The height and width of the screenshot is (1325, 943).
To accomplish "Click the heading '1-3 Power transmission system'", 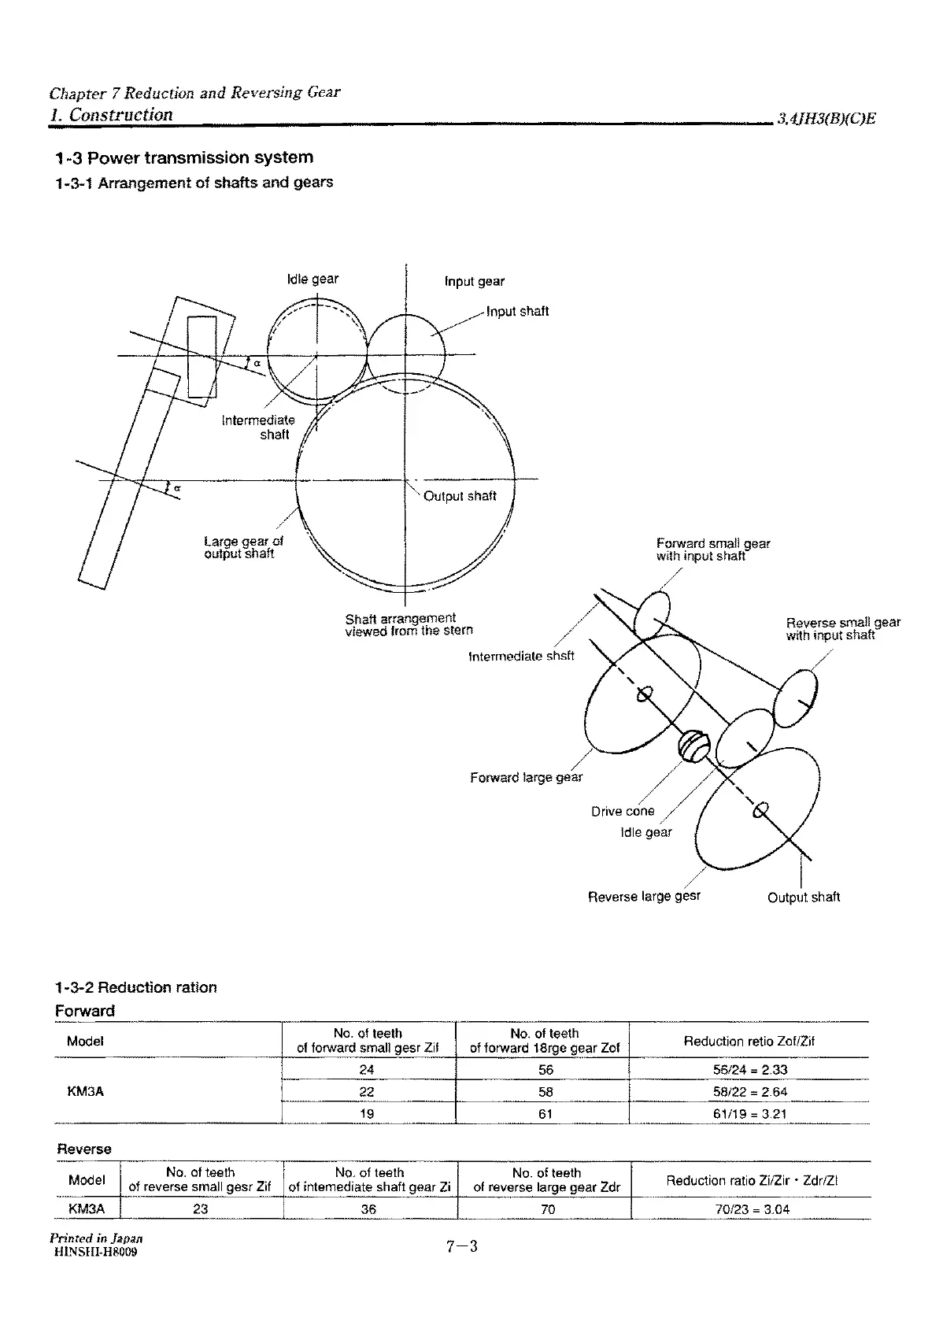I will (x=184, y=157).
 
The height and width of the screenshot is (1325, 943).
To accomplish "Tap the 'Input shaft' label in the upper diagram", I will (x=517, y=311).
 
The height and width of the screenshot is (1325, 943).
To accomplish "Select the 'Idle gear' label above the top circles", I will (x=312, y=279).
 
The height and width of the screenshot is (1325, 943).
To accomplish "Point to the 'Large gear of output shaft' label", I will (x=242, y=547).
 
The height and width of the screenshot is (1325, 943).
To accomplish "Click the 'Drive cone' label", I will (x=623, y=811).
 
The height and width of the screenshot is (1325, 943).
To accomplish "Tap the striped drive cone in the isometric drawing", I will (x=694, y=745).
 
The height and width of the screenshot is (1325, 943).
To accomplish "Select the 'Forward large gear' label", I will (x=526, y=778).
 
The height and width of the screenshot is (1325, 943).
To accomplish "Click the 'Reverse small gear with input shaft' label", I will (x=842, y=628).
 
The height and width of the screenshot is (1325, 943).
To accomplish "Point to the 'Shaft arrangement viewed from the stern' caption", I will (x=409, y=624).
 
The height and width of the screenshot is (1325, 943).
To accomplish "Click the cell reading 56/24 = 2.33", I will (x=749, y=1069).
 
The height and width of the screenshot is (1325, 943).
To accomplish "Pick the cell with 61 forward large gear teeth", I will (x=545, y=1113).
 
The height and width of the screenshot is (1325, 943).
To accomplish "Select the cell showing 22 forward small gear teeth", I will (x=367, y=1091).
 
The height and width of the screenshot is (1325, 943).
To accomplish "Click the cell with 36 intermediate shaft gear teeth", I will (x=368, y=1209).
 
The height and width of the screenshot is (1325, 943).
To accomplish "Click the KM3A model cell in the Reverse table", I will (x=87, y=1209).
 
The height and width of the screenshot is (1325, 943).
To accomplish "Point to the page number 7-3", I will (x=462, y=1246).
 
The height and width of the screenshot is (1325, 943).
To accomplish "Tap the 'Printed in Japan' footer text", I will (x=96, y=1238).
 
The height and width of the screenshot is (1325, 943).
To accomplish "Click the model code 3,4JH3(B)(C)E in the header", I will (x=827, y=120).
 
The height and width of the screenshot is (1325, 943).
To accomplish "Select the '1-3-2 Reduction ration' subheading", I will (x=136, y=987).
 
